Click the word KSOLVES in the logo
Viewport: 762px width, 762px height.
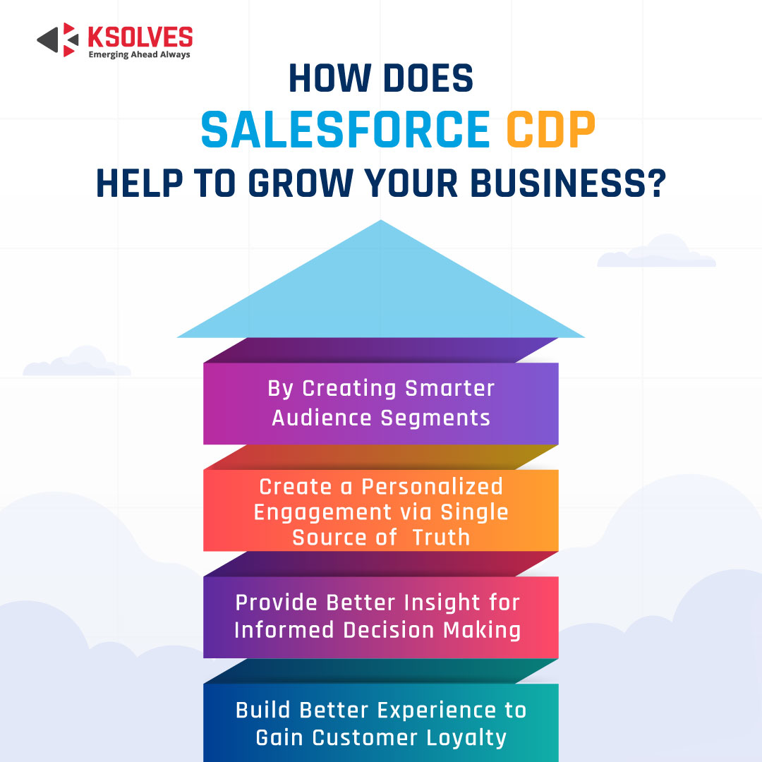(x=140, y=36)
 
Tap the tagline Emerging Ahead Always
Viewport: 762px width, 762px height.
(x=139, y=54)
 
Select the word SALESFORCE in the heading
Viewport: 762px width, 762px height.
(x=345, y=130)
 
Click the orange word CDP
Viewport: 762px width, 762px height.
(x=551, y=130)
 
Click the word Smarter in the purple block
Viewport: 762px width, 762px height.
(x=450, y=389)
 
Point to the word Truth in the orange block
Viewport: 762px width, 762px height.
(x=441, y=537)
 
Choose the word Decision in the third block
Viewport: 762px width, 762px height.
(x=389, y=630)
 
